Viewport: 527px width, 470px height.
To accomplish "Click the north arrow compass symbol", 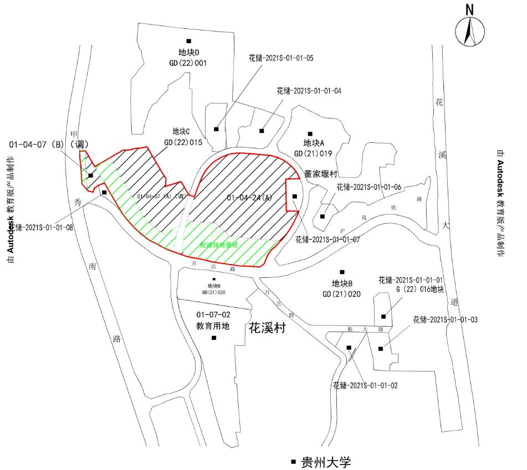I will pos(469,30).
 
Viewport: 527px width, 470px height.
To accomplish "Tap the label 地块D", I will pos(188,53).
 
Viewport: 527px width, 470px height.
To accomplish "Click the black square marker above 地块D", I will pos(188,40).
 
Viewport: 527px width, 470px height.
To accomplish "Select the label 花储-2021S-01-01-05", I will pos(280,58).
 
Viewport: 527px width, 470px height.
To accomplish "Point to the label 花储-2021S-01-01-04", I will pos(309,90).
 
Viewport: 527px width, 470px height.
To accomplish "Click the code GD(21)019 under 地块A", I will pos(313,153).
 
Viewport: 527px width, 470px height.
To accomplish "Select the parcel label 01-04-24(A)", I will pos(249,198).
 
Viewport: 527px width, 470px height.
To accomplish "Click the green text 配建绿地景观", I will pos(218,244).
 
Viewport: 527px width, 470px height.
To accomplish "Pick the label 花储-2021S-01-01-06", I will pos(369,187).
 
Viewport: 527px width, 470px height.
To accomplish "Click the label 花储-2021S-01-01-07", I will pos(328,240).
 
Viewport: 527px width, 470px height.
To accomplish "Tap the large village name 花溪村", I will pos(267,328).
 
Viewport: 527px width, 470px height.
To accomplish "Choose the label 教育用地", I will pos(213,326).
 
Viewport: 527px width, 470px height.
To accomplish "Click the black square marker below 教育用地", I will pos(214,338).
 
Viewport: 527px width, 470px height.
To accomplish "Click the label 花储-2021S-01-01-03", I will pos(446,320).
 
